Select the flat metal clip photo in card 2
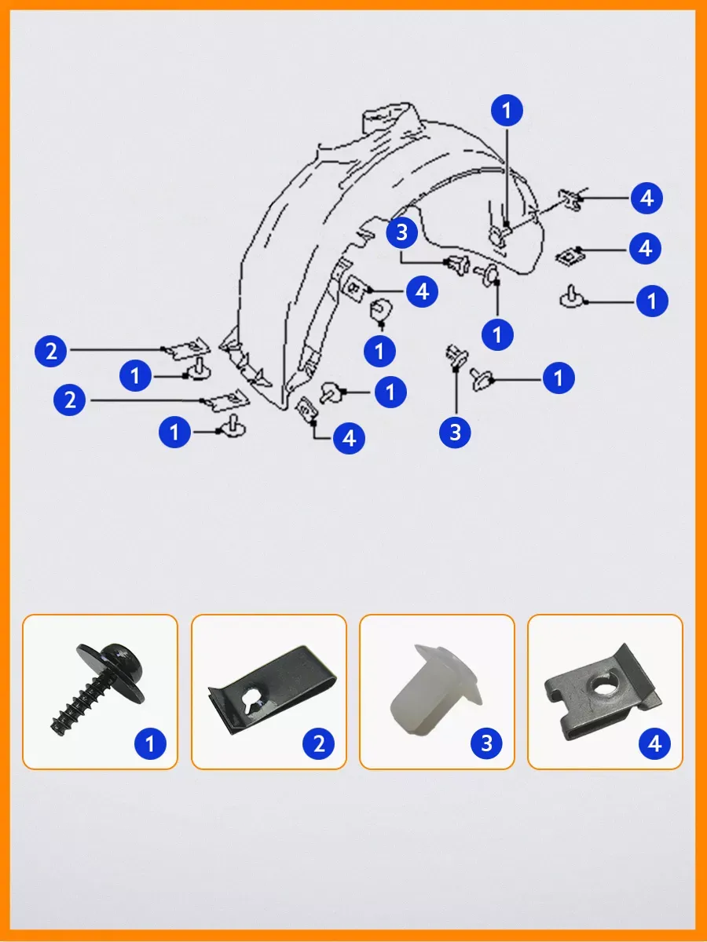pyautogui.click(x=271, y=692)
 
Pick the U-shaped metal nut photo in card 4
pyautogui.click(x=603, y=692)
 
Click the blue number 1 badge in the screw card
pyautogui.click(x=150, y=743)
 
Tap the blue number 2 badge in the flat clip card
pyautogui.click(x=318, y=743)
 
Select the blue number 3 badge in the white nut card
pyautogui.click(x=487, y=743)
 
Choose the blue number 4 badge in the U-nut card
pyautogui.click(x=655, y=743)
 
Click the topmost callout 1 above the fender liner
pyautogui.click(x=507, y=111)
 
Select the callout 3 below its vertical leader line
pyautogui.click(x=456, y=433)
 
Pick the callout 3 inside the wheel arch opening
pyautogui.click(x=401, y=232)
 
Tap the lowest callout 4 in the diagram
pyautogui.click(x=349, y=438)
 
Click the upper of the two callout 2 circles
pyautogui.click(x=50, y=352)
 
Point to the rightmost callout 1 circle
pyautogui.click(x=652, y=301)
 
